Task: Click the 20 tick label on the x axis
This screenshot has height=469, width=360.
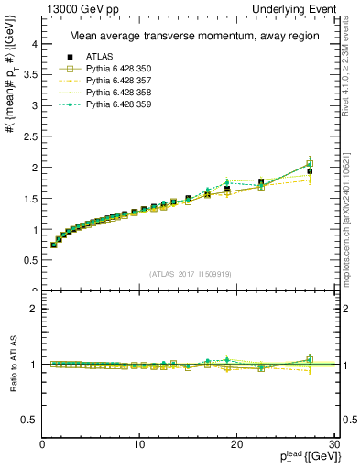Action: (236, 444)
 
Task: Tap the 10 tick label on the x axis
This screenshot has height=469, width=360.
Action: (139, 444)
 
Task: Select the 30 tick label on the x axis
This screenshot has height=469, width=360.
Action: (333, 444)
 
